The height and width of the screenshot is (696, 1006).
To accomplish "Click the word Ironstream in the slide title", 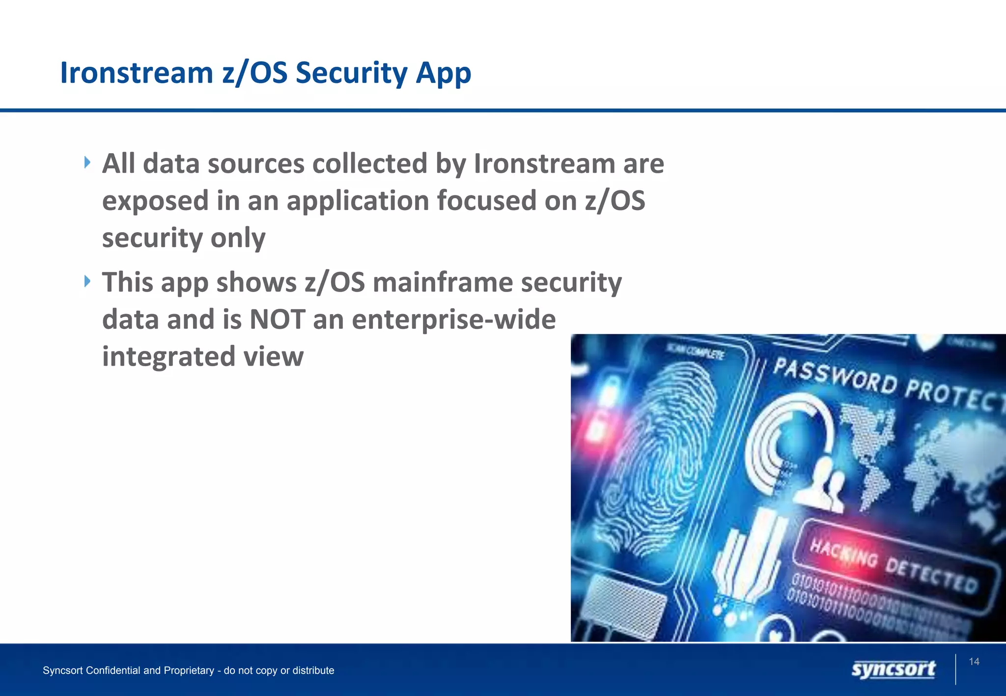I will point(137,73).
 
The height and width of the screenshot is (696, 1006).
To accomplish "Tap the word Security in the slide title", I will point(351,73).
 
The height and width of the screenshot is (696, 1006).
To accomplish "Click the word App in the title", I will point(443,74).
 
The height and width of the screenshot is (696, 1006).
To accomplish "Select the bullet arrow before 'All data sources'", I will point(87,162).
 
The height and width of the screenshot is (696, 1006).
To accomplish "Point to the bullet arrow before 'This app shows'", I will point(87,281).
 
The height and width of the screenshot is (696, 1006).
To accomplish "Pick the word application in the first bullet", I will point(358,201).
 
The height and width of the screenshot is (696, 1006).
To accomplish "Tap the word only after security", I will point(238,238).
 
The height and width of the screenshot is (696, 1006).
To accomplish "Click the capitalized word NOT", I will point(278,320).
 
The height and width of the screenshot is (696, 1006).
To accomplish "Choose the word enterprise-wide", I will point(453,320).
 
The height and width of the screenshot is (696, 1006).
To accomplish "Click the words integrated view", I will point(203,356).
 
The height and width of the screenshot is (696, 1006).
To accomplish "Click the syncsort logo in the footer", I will point(893,669).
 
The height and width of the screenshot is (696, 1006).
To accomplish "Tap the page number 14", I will point(974,662).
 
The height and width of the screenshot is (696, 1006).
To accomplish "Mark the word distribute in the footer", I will point(313,670).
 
